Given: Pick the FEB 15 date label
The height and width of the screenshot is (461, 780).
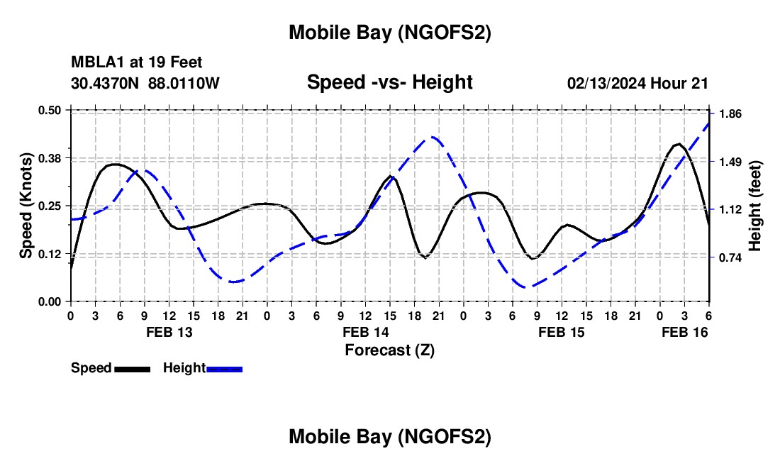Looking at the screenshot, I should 562,332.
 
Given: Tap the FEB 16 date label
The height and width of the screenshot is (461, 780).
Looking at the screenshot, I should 684,332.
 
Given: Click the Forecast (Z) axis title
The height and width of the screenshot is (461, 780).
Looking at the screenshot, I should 389,350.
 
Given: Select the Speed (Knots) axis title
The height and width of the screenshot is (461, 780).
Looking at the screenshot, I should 26,206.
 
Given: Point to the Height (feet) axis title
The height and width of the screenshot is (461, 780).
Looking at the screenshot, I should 754,206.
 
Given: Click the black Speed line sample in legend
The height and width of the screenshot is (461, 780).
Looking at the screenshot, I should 132,368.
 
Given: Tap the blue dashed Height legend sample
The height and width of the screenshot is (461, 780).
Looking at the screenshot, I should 224,368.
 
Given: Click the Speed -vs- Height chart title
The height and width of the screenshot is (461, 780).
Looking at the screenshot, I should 389,82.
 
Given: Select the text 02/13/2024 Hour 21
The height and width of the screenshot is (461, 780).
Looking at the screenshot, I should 637,83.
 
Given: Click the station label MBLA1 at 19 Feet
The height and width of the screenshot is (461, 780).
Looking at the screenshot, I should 136,62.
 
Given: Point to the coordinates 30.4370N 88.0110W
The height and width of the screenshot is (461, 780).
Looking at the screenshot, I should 145,83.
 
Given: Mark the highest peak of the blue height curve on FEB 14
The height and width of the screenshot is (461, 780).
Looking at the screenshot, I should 433,138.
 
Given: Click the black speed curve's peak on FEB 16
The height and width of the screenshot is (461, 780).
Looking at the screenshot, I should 679,144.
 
